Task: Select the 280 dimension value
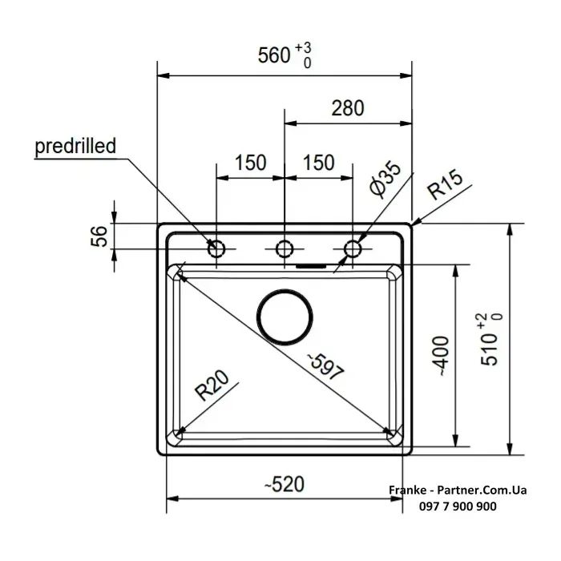click(348, 108)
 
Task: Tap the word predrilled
click(75, 146)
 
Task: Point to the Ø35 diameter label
click(385, 180)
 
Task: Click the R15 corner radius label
click(446, 184)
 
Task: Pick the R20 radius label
click(212, 385)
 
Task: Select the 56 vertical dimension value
click(99, 236)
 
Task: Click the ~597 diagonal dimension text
click(326, 366)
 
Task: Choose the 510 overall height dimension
click(491, 340)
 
